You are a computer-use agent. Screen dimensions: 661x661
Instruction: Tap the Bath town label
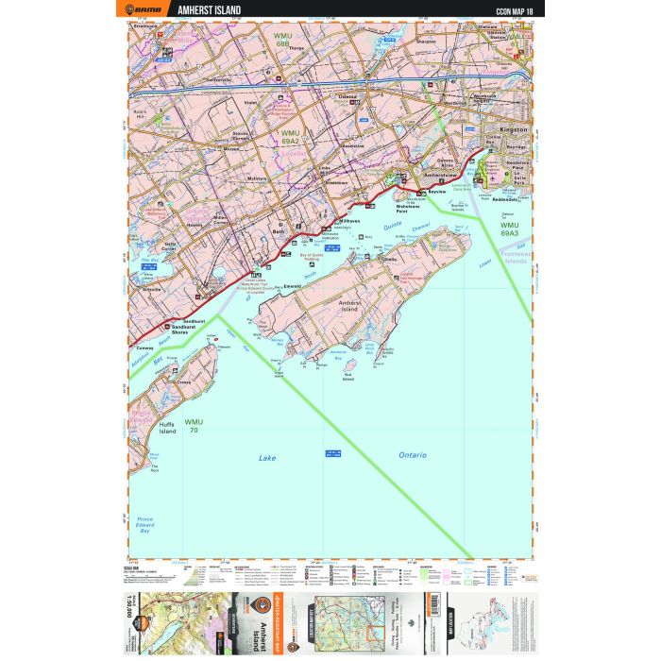tap(278, 230)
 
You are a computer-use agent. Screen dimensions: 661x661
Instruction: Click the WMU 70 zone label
tap(195, 425)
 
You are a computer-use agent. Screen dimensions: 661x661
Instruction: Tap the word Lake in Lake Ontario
tap(268, 458)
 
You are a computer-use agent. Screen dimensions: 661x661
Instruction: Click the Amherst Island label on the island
tap(350, 306)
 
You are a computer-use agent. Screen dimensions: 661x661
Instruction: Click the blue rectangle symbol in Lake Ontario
tap(332, 453)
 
